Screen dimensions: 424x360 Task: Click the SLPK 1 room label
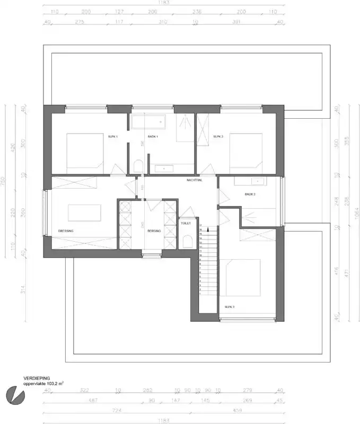point(112,137)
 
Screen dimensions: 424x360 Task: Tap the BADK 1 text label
point(154,137)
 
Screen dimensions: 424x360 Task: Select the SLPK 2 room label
point(218,137)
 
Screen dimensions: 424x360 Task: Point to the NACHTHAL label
point(195,180)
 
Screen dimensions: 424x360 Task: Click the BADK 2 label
point(250,195)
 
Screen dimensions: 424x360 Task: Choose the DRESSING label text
point(66,231)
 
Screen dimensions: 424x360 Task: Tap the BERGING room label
point(154,231)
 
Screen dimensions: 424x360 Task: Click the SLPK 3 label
point(229,306)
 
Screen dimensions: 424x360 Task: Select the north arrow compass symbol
point(14,394)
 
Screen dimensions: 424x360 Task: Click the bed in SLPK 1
point(84,151)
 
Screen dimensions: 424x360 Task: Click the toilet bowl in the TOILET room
point(186,242)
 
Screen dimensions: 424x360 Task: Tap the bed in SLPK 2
point(246,151)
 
